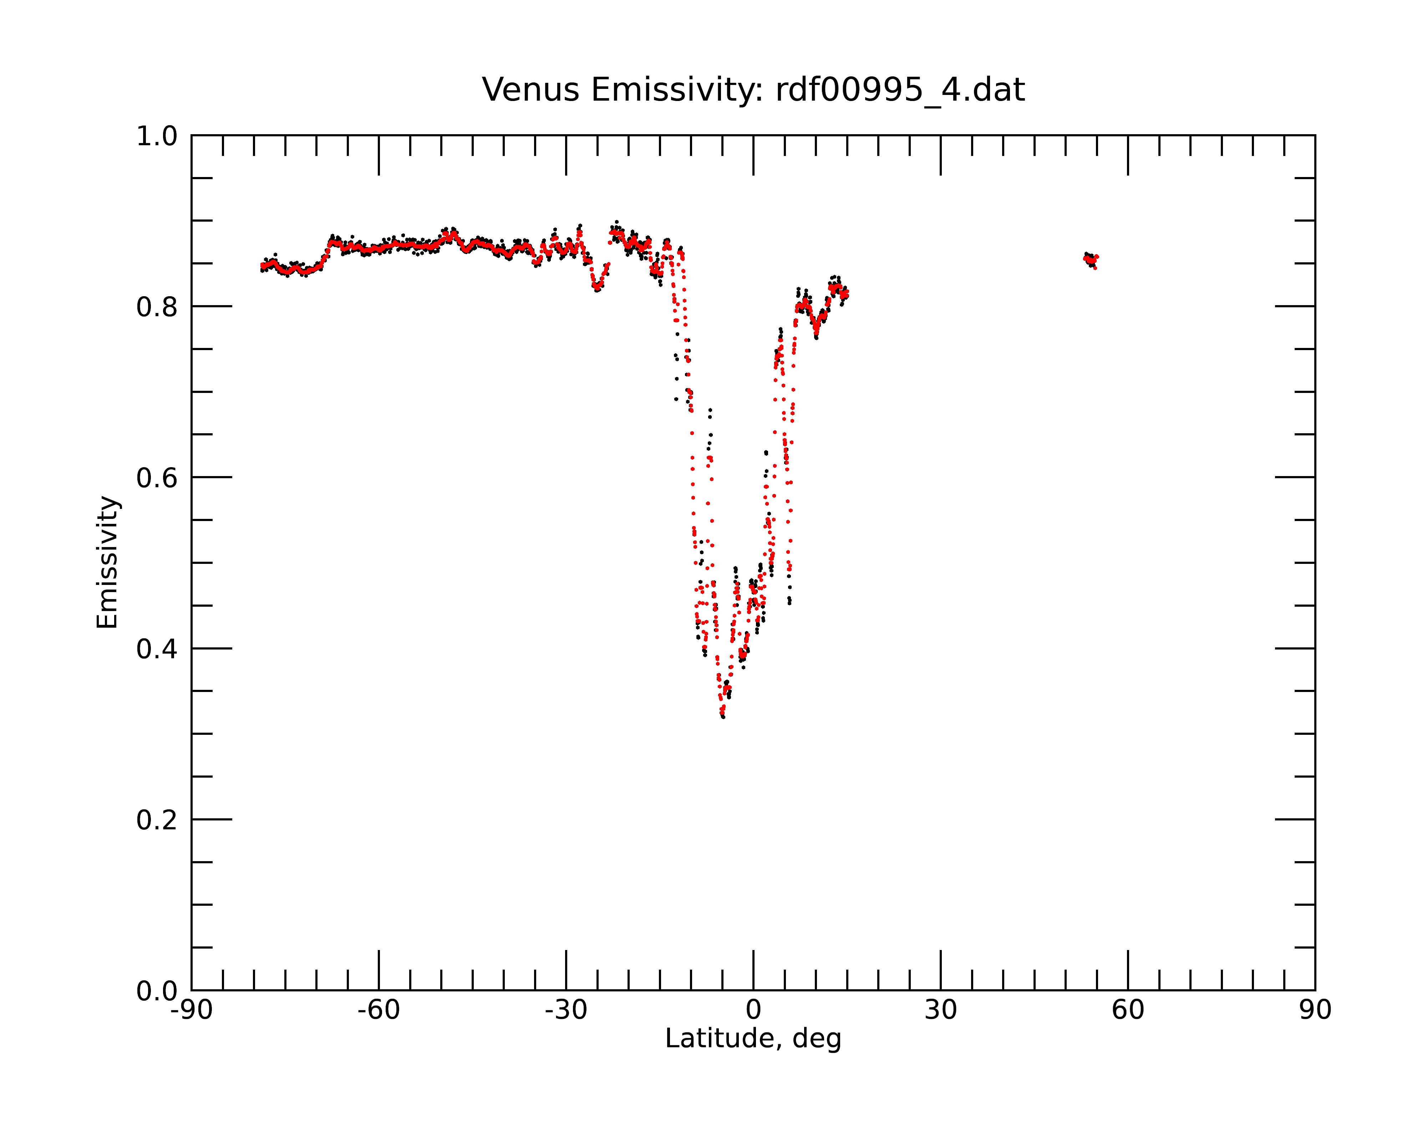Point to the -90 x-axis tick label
click(191, 1010)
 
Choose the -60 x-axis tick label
click(379, 1010)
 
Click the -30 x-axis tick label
click(566, 1010)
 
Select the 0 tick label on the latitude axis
click(753, 1010)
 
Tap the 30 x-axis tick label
click(940, 1010)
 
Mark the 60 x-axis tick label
click(1128, 1010)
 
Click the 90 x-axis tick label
click(1315, 1010)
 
